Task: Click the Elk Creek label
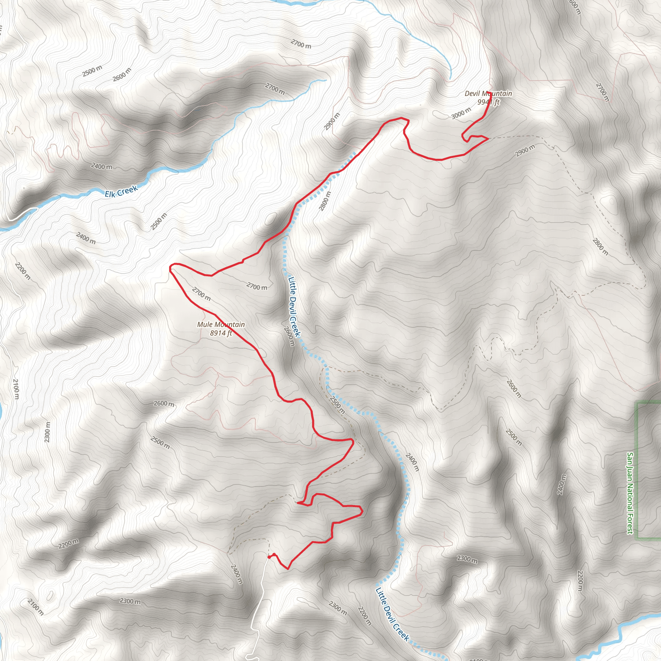pyautogui.click(x=121, y=191)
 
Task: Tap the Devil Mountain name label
pyautogui.click(x=488, y=93)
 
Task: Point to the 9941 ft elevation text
pyautogui.click(x=489, y=102)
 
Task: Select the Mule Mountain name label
pyautogui.click(x=221, y=324)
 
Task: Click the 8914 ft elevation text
pyautogui.click(x=221, y=333)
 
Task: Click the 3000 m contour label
pyautogui.click(x=461, y=113)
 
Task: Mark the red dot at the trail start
pyautogui.click(x=269, y=557)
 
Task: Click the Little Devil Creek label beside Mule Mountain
pyautogui.click(x=294, y=306)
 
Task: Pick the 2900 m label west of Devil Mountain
pyautogui.click(x=332, y=121)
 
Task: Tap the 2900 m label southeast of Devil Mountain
pyautogui.click(x=525, y=151)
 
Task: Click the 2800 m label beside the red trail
pyautogui.click(x=325, y=201)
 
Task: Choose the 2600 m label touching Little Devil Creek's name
pyautogui.click(x=289, y=336)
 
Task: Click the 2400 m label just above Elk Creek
pyautogui.click(x=102, y=167)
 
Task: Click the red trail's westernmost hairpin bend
pyautogui.click(x=170, y=269)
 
